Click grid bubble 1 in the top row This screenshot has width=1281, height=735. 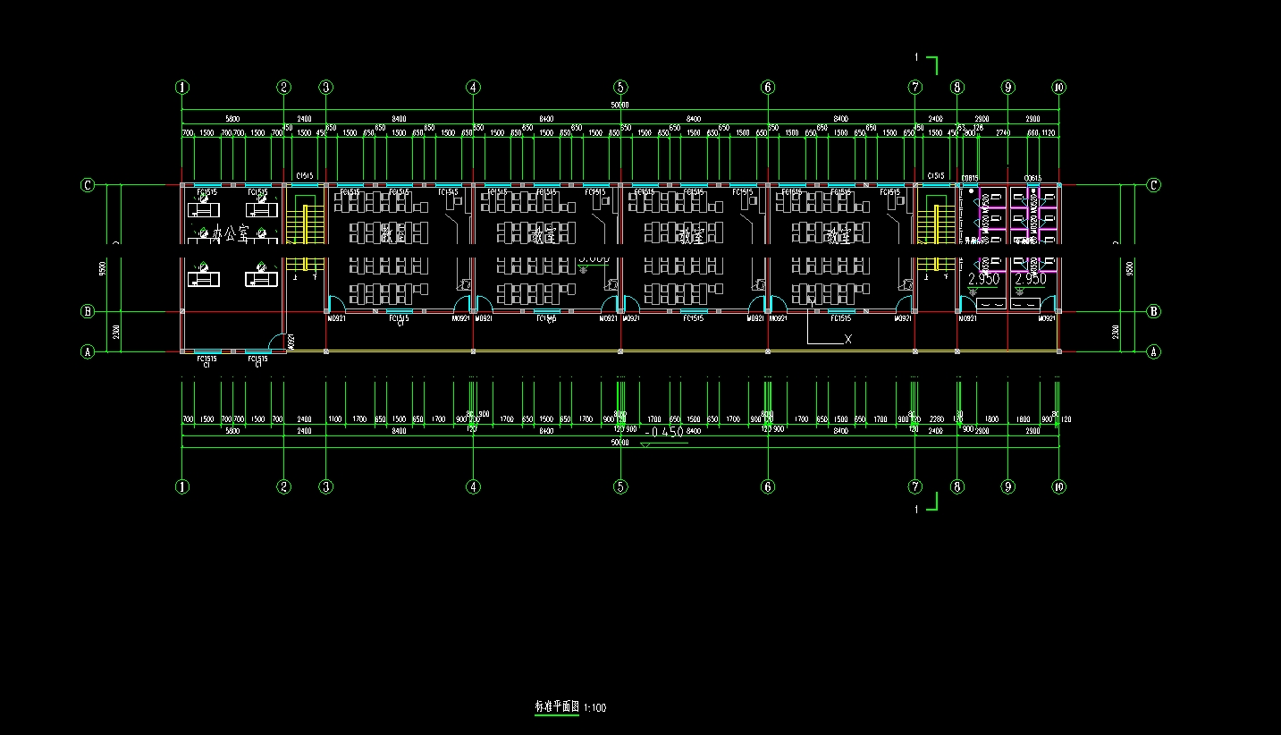pyautogui.click(x=182, y=88)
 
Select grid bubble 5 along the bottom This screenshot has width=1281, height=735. pyautogui.click(x=620, y=487)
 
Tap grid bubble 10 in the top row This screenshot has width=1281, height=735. pyautogui.click(x=1058, y=88)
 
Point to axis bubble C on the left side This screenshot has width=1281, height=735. pyautogui.click(x=88, y=185)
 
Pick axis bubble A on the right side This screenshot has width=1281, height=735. pyautogui.click(x=1154, y=351)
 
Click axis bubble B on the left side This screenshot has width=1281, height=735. pyautogui.click(x=88, y=311)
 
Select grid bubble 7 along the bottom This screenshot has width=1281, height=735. pyautogui.click(x=914, y=487)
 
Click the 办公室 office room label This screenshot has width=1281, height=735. pyautogui.click(x=229, y=234)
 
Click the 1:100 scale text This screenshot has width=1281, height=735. pyautogui.click(x=595, y=707)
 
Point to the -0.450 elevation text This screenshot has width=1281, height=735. pyautogui.click(x=664, y=432)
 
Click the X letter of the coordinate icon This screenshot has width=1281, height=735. pyautogui.click(x=847, y=339)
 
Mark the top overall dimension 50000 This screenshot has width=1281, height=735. pyautogui.click(x=619, y=105)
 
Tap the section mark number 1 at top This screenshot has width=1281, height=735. pyautogui.click(x=916, y=57)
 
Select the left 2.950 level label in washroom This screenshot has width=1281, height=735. pyautogui.click(x=983, y=279)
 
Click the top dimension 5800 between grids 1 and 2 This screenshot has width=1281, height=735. pyautogui.click(x=232, y=118)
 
